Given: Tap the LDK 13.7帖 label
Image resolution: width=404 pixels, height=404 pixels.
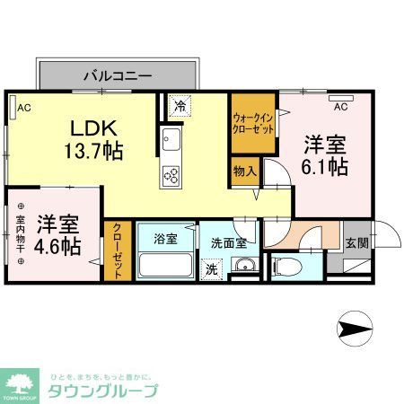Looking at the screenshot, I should [92, 140].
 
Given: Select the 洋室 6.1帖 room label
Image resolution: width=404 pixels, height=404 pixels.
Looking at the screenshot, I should [324, 155].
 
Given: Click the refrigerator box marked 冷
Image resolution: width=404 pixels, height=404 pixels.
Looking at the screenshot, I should [180, 106].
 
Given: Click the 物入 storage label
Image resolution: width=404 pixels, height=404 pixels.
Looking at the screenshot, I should [244, 170].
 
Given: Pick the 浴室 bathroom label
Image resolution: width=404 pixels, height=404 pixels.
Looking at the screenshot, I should [165, 240].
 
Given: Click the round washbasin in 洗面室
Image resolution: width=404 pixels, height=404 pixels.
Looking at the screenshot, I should [242, 266].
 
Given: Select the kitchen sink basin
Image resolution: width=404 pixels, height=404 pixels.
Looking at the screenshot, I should [170, 142].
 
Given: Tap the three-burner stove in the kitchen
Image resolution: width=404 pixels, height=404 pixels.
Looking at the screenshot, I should [170, 174].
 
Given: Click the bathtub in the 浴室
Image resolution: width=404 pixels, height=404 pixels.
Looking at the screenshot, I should [165, 266].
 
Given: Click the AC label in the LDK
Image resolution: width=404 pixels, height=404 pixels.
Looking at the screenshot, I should [24, 109].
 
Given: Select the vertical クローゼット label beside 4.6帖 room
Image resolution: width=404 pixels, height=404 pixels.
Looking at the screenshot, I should [116, 250].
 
